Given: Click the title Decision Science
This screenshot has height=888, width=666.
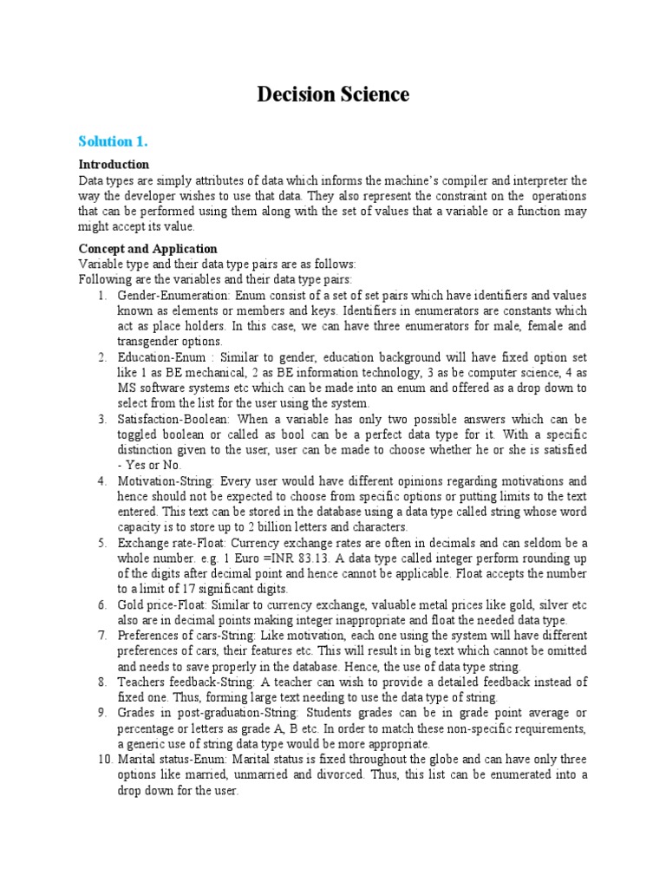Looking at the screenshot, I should pos(333,95).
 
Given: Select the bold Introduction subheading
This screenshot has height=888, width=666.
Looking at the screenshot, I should pos(114,164).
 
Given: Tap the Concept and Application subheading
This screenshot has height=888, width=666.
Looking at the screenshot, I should pos(147,249).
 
